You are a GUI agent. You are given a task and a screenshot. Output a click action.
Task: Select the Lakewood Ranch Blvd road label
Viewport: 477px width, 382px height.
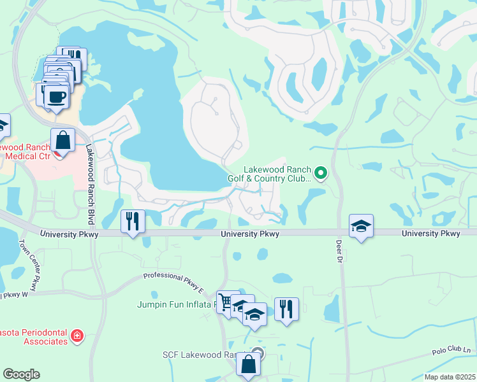click(89, 184)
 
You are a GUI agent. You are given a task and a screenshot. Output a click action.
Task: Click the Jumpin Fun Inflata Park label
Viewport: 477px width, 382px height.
click(177, 304)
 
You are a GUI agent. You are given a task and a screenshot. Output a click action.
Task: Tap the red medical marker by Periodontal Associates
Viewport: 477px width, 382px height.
click(77, 336)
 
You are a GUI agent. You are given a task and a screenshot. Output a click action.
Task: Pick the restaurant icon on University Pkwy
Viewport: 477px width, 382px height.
click(133, 222)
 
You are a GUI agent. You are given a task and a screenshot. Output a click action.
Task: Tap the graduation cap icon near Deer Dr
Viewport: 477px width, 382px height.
click(361, 226)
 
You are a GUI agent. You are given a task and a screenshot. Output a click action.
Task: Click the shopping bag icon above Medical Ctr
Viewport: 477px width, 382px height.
click(63, 139)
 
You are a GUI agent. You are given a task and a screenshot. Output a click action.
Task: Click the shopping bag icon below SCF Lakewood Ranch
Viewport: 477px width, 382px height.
click(248, 365)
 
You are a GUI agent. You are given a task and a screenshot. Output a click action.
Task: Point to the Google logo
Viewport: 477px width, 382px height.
click(21, 374)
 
